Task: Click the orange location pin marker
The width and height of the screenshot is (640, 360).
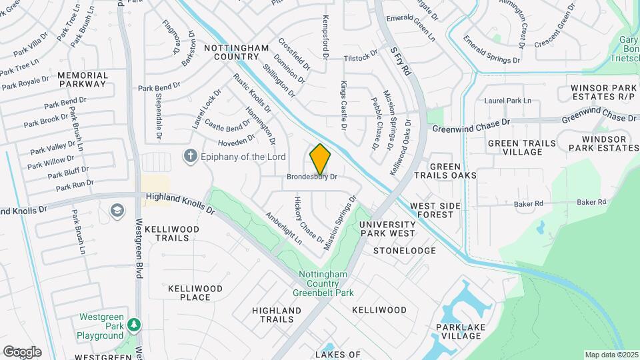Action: pos(320,159)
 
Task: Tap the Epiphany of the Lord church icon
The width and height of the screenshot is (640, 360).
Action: pos(190,157)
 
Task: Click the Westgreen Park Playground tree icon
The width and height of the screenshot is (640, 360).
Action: pos(135,325)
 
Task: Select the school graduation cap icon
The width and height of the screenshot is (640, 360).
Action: pos(117,211)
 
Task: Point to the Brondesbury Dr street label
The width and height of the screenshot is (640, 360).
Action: pos(312,177)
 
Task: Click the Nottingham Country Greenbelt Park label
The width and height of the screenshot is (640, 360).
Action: pos(323,283)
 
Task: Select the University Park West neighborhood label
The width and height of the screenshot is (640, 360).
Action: pos(387,229)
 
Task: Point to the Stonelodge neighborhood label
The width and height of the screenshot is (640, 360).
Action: pos(405,251)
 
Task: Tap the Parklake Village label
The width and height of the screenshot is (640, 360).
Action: pos(459,331)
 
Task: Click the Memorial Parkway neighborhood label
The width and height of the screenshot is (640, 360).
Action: pos(83,79)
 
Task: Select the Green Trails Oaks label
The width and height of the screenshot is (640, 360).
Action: pos(453,171)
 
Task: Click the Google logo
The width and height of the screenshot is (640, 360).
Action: pos(22,351)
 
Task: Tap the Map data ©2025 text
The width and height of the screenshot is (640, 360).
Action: pos(611,355)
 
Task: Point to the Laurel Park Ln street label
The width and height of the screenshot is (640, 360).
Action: pos(507,101)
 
